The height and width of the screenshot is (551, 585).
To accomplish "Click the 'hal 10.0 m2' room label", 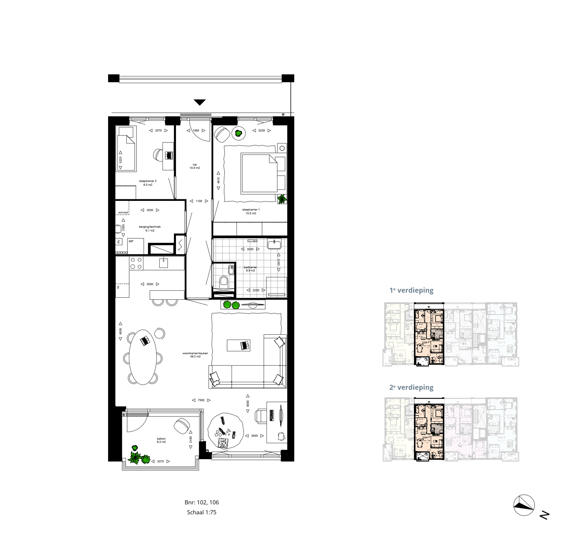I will [x=195, y=166].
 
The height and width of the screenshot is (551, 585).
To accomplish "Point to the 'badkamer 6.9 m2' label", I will [x=250, y=269].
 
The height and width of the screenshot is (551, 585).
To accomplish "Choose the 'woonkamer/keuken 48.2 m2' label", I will [x=195, y=355].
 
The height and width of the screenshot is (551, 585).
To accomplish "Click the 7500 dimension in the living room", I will [x=201, y=400].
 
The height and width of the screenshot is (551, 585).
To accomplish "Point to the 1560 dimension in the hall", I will [x=196, y=131].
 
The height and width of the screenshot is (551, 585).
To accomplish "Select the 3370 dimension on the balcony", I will [x=160, y=462].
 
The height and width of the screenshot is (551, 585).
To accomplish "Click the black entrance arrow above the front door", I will [x=199, y=102].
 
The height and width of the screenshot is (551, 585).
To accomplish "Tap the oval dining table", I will [x=142, y=357].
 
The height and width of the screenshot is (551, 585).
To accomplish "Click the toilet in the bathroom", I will [x=223, y=281].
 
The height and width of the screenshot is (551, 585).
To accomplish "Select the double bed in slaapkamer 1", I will [x=259, y=173].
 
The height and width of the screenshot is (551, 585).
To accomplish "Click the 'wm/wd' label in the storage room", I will [x=123, y=213].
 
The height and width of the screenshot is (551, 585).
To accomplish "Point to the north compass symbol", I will [x=524, y=505].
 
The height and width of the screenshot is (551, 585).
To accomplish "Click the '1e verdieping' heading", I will [x=412, y=290].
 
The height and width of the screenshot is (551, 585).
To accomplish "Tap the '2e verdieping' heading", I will [x=412, y=388].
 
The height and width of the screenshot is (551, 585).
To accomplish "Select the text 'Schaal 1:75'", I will [x=201, y=512].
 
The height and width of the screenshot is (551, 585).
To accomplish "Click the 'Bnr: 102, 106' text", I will [x=201, y=503].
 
